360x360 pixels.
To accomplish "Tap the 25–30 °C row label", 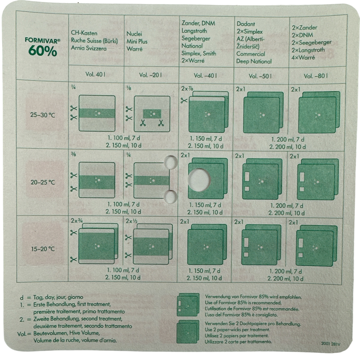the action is [43, 115].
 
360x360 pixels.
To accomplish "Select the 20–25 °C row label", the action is [43, 182].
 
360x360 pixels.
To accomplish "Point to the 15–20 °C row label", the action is [43, 249].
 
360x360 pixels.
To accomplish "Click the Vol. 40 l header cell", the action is [95, 74].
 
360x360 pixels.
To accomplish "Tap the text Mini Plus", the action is [137, 41].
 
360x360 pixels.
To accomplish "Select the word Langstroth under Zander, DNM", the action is [194, 31].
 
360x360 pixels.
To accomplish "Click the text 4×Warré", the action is [303, 58].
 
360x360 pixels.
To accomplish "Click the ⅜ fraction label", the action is [73, 154].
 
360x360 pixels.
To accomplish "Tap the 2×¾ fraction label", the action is [77, 221].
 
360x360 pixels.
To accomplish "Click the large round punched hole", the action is [199, 180].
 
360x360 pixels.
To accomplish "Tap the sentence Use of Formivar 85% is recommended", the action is [243, 302].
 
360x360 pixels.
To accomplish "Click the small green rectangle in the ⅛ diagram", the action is [152, 114].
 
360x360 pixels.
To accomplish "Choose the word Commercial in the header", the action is [250, 54].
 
